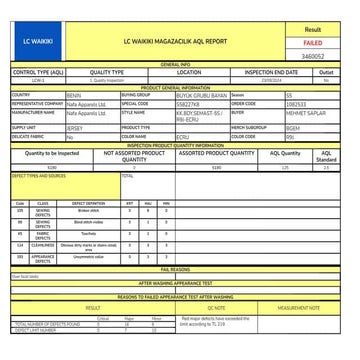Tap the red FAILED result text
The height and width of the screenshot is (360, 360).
(312, 44)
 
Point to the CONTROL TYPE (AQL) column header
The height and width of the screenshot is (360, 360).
(37, 72)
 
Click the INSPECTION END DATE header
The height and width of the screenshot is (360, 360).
(271, 72)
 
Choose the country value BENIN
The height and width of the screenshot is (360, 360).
(74, 95)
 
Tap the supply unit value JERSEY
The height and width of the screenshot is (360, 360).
(76, 128)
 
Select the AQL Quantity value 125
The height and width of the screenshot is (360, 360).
(285, 167)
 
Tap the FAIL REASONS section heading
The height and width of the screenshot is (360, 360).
(175, 268)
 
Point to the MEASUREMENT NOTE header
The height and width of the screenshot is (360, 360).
(298, 308)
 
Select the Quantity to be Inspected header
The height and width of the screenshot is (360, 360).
(50, 153)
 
